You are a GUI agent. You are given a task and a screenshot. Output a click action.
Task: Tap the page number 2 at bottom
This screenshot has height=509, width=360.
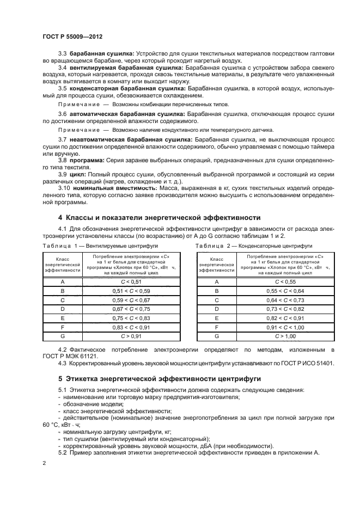click(44, 463)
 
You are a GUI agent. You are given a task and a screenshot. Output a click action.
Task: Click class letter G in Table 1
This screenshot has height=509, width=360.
click(63, 337)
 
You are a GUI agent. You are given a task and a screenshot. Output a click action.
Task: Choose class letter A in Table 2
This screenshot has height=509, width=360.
click(216, 281)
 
